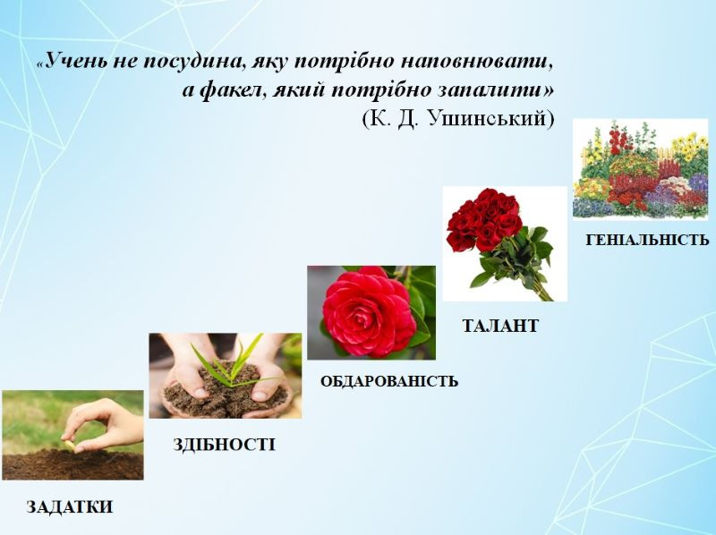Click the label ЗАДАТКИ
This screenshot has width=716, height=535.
(x=70, y=506)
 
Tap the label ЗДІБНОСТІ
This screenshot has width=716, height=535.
(x=225, y=444)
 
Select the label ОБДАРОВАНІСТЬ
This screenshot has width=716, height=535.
(x=389, y=381)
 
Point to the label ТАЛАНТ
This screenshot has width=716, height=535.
(x=500, y=326)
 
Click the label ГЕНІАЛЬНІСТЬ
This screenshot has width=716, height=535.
(x=647, y=240)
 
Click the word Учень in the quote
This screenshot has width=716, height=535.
(x=74, y=60)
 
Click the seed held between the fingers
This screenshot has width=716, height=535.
(x=70, y=445)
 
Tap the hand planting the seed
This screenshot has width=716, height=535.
(x=103, y=426)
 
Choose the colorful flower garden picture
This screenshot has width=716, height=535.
(x=640, y=169)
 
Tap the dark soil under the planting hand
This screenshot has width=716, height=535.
(x=72, y=464)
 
